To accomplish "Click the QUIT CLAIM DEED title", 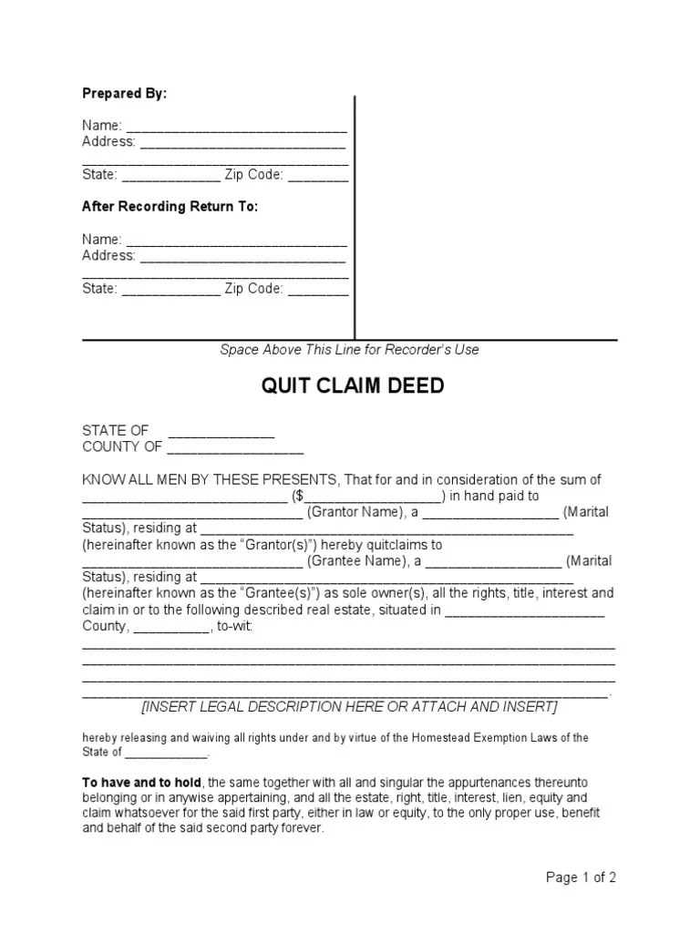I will click(353, 386).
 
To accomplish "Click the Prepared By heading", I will click(125, 94).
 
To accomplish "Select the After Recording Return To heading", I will click(170, 207).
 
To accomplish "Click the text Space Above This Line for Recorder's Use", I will click(349, 350).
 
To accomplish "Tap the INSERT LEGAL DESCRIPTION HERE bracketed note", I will click(350, 707).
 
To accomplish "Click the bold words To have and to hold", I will click(143, 782).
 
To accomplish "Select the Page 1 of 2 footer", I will click(581, 878).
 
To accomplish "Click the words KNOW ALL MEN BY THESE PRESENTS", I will click(211, 480).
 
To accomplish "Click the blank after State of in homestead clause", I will click(166, 754).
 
